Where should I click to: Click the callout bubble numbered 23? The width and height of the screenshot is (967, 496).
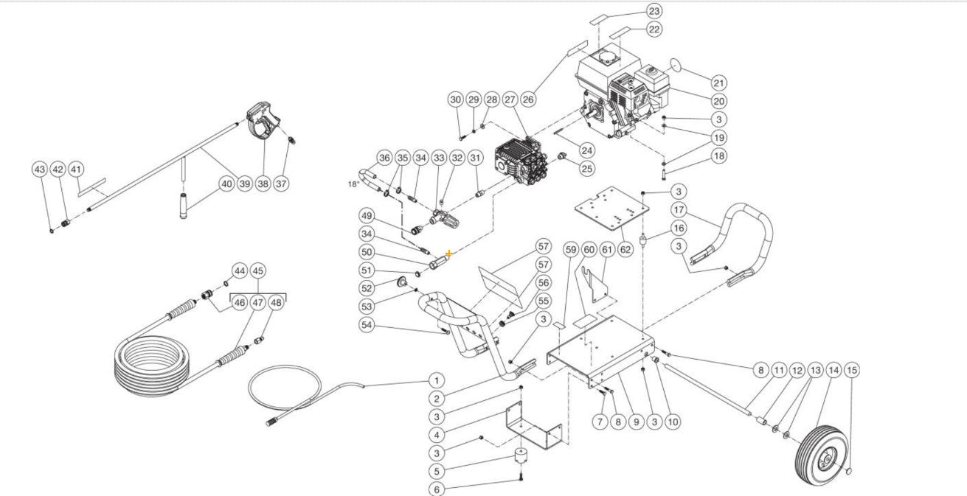click(x=654, y=11)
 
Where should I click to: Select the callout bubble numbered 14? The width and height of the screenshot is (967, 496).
click(x=833, y=369)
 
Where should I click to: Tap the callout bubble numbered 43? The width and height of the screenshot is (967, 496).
click(x=40, y=170)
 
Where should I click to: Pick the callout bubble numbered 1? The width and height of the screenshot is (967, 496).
click(x=437, y=380)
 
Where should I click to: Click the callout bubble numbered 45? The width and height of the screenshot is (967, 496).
click(x=257, y=270)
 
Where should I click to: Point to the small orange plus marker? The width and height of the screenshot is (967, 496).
click(x=449, y=254)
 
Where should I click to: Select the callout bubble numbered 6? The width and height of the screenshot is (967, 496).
click(x=437, y=489)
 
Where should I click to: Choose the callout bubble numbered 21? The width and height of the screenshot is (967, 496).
click(x=718, y=83)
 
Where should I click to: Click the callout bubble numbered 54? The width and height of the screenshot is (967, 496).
click(x=367, y=324)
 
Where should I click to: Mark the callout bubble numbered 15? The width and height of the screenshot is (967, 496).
click(x=852, y=369)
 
